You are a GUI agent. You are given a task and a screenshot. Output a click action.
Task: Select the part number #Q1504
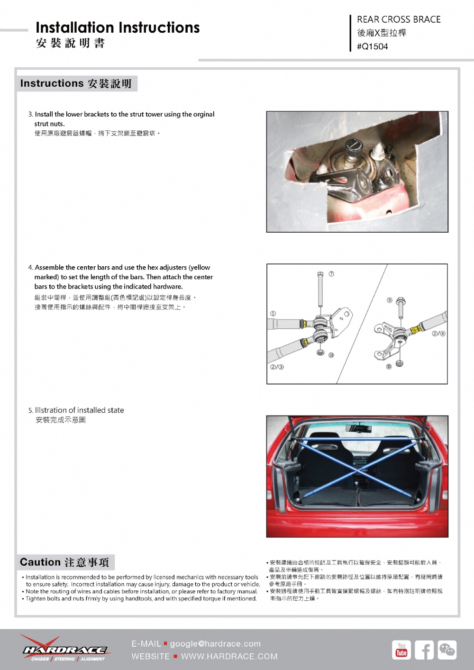372,46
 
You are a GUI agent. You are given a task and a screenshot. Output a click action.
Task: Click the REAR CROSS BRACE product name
398,19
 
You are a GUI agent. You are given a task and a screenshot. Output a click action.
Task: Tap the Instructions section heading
52,83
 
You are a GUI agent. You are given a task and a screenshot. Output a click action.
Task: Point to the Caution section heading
40,562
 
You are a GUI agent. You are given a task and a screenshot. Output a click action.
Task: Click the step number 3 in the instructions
30,114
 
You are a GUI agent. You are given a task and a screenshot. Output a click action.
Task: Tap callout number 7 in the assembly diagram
331,274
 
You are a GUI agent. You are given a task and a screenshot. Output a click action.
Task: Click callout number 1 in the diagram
273,314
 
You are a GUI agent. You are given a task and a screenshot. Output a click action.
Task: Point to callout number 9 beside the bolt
389,300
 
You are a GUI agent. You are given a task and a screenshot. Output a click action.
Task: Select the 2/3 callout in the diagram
277,367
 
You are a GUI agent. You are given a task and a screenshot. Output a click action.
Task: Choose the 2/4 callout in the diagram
438,334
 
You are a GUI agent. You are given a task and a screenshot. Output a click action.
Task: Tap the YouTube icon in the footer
401,650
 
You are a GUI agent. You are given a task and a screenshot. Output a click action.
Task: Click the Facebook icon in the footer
424,650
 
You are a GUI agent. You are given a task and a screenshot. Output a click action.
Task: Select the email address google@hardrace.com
215,643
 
